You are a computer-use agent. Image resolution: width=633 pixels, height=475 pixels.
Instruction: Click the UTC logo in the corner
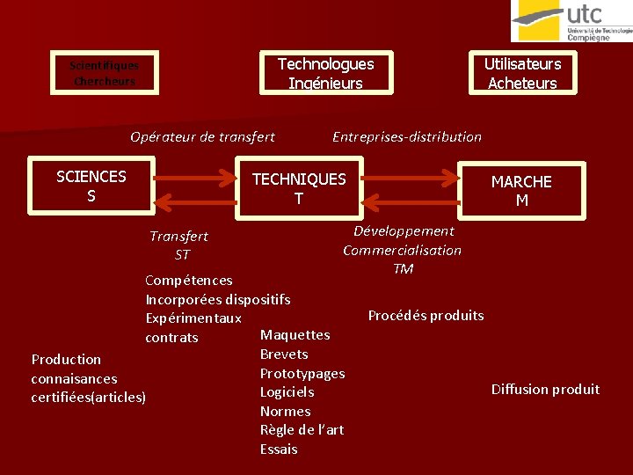pos(571,21)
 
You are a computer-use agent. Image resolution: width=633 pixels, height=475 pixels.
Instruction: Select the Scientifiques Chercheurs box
pos(104,73)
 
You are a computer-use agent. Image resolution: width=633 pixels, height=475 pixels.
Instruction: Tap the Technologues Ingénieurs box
pos(325,73)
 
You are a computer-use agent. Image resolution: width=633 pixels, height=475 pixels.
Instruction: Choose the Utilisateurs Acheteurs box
pos(522,73)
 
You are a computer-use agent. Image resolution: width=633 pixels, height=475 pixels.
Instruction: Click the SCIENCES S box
pos(91,186)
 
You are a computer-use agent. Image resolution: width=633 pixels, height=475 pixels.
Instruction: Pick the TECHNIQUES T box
pos(299,189)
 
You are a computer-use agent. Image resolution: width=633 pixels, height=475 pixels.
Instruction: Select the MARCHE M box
pos(521,191)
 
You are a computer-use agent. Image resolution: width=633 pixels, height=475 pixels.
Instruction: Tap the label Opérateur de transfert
pos(202,136)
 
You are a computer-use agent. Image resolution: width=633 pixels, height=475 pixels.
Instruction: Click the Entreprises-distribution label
pos(407,136)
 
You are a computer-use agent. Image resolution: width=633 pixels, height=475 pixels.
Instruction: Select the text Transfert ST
pos(179,245)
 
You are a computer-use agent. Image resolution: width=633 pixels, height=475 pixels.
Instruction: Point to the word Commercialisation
pos(402,250)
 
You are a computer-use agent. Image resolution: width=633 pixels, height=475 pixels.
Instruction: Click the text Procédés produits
pos(426,315)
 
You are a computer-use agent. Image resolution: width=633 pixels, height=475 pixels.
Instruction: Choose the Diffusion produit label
pos(545,389)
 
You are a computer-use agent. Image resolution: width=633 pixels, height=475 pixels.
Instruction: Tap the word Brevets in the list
pos(284,354)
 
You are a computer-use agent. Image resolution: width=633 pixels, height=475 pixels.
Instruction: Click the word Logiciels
pos(287,391)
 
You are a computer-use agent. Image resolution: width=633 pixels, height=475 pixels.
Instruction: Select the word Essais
pos(279,449)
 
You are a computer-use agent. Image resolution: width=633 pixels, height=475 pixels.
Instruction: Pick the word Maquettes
pos(295,334)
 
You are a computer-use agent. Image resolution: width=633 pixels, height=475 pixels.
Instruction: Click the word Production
pos(66,359)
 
